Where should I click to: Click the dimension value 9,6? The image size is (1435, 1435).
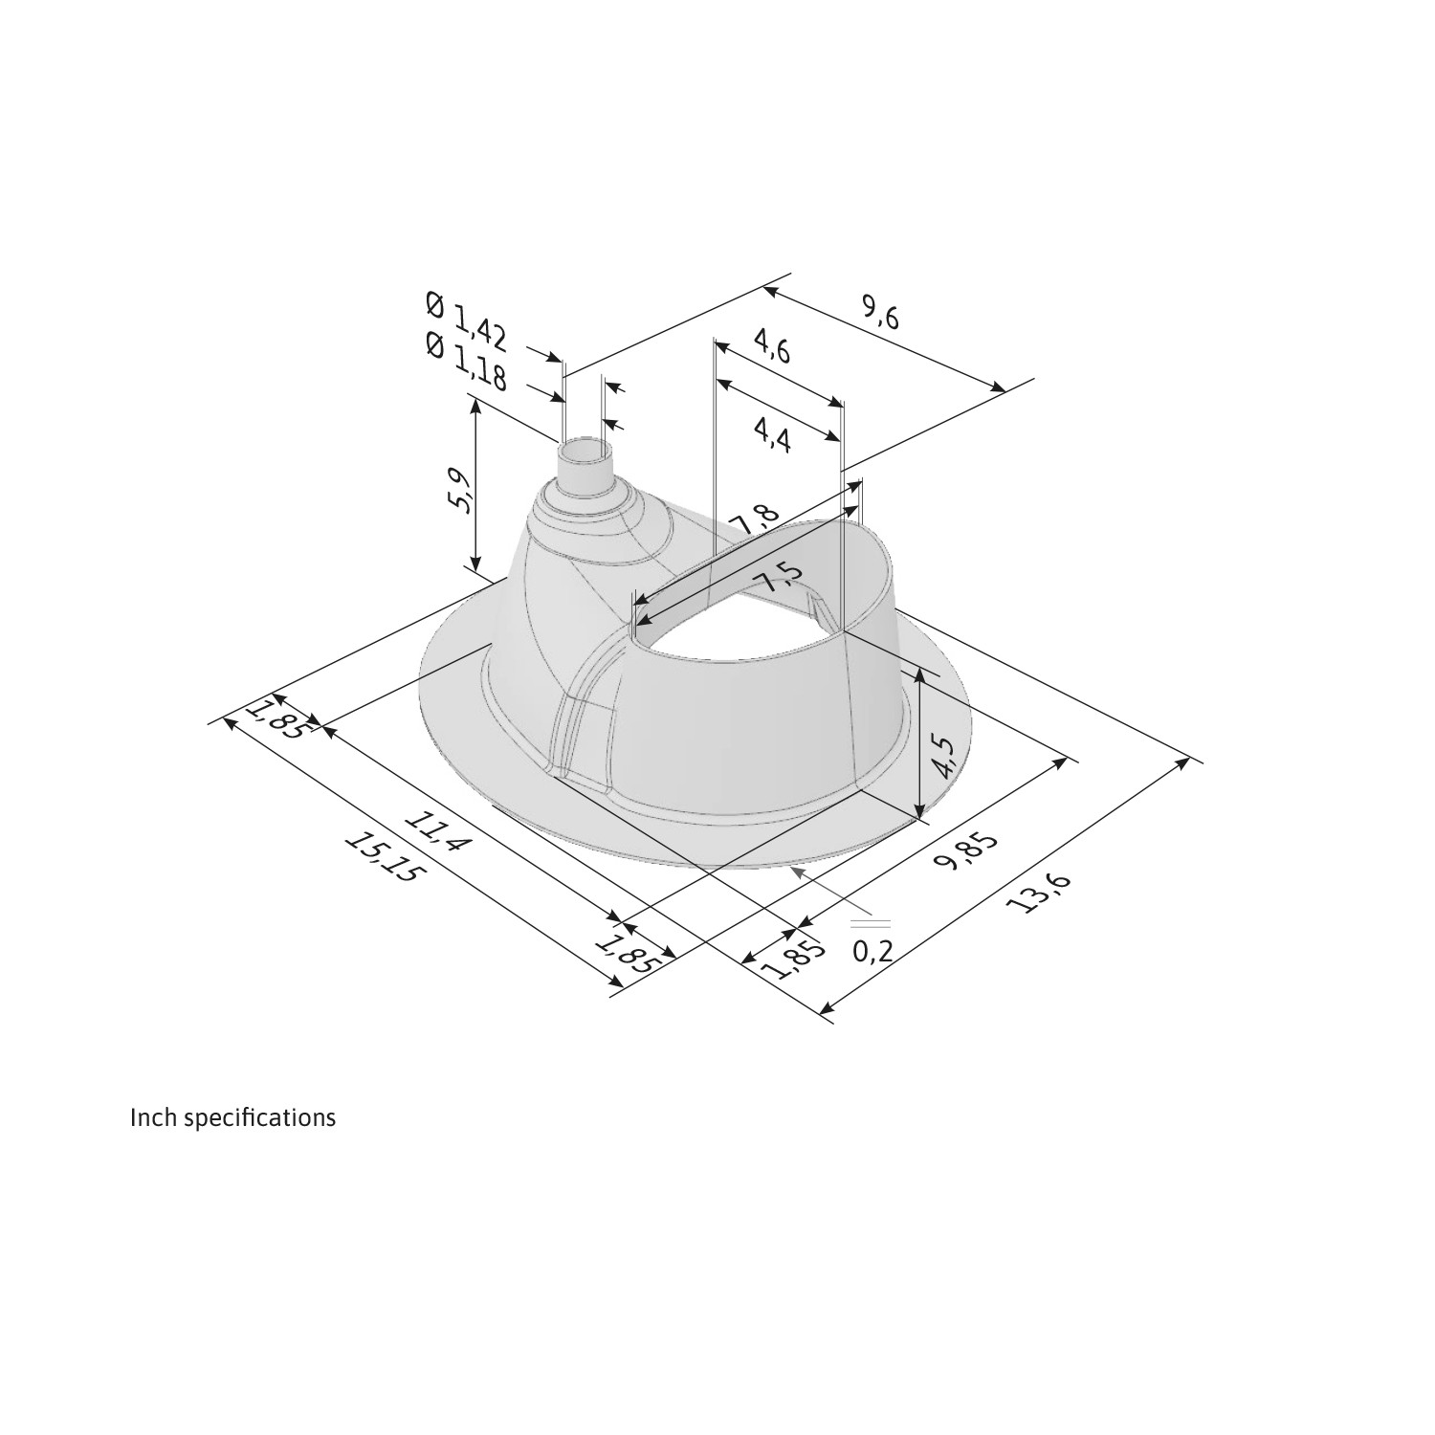pyautogui.click(x=880, y=313)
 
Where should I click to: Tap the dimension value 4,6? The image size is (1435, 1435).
pyautogui.click(x=772, y=346)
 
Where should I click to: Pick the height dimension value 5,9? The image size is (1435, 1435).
pyautogui.click(x=460, y=491)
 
